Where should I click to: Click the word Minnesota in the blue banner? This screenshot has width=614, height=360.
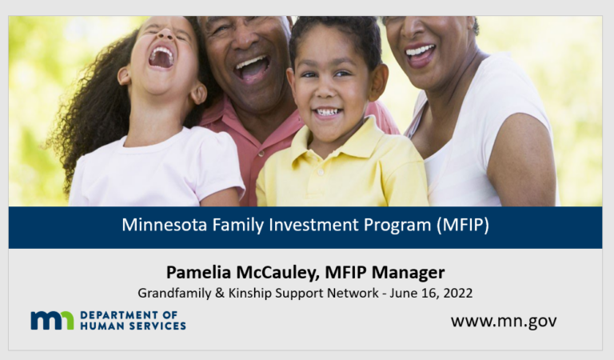(162, 226)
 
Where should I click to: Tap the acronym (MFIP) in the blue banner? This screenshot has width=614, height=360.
(462, 226)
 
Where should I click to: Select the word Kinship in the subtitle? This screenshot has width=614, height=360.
(255, 293)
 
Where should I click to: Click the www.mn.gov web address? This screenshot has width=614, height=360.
(504, 321)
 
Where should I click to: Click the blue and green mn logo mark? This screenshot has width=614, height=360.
(52, 320)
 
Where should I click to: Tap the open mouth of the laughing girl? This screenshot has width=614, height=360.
(161, 57)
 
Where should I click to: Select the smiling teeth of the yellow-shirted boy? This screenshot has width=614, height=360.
(327, 113)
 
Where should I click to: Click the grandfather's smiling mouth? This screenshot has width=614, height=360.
(253, 66)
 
